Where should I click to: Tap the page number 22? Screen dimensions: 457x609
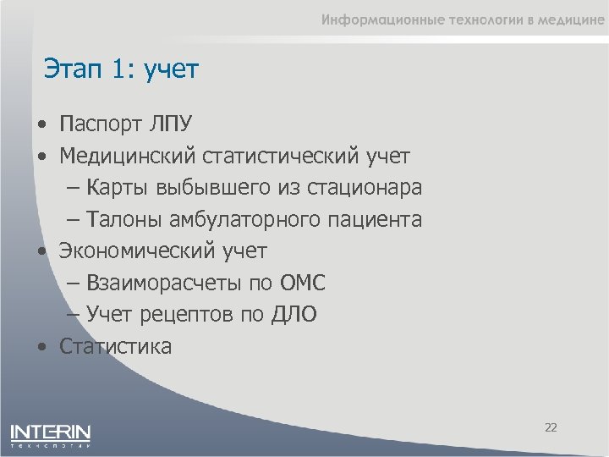(551, 427)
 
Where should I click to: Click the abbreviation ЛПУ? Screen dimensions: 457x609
(172, 124)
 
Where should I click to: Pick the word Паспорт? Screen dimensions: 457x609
(101, 124)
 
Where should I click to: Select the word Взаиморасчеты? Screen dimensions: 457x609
(157, 283)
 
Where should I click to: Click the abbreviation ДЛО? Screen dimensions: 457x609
(294, 315)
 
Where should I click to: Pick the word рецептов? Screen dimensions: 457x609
(195, 315)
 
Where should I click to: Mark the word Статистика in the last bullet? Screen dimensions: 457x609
(115, 346)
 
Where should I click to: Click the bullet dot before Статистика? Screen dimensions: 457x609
(41, 347)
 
